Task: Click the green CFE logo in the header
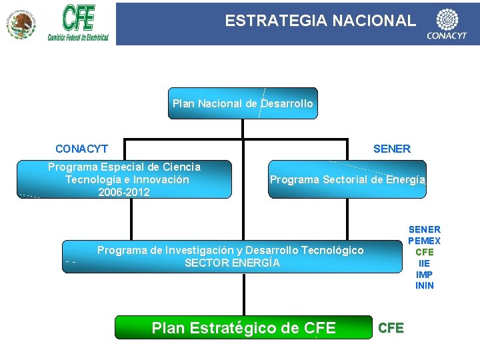pos(78,23)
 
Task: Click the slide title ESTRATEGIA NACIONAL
pos(320,21)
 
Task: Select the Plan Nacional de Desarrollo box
pos(243,103)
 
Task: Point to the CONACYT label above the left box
pos(81,149)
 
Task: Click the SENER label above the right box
pos(392,149)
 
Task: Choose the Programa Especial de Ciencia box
pos(125,179)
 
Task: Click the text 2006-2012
pos(124,193)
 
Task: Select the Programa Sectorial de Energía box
pos(347,179)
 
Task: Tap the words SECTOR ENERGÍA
pos(232,263)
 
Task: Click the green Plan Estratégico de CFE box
pos(243,327)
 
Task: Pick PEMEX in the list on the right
pos(424,241)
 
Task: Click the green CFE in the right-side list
pos(424,252)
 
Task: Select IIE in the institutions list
pos(424,263)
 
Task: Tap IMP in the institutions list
pos(424,275)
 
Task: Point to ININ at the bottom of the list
pos(424,286)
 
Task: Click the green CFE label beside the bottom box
pos(391,327)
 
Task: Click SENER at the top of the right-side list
pos(424,229)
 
